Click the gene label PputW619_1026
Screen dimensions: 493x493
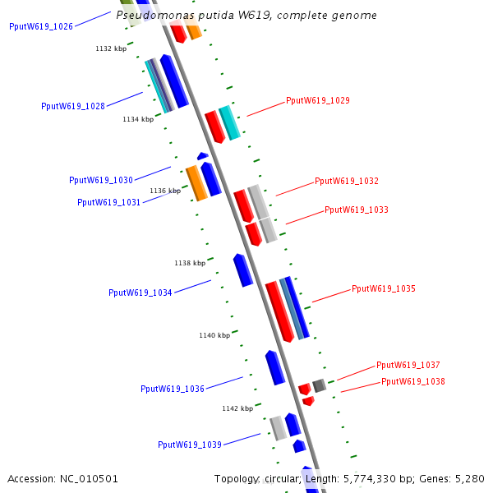click(x=41, y=26)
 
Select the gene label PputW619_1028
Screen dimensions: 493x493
click(x=73, y=106)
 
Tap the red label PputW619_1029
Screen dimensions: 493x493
click(x=318, y=100)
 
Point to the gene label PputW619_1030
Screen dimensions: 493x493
click(x=101, y=180)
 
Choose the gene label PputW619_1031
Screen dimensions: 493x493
click(x=109, y=202)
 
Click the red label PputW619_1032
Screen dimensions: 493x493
click(x=347, y=181)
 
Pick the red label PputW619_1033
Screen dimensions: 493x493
click(x=357, y=210)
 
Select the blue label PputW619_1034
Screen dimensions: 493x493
click(x=141, y=293)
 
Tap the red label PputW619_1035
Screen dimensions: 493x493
click(x=384, y=288)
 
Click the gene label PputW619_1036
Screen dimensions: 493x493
click(x=173, y=389)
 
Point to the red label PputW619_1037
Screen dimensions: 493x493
click(x=408, y=365)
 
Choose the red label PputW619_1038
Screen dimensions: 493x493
click(x=413, y=381)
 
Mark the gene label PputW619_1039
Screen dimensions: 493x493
click(x=190, y=445)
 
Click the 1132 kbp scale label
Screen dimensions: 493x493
click(x=111, y=49)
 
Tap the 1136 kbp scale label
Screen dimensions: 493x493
click(x=165, y=191)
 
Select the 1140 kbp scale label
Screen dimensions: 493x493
click(x=214, y=335)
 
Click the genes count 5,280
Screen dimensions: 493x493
click(x=469, y=478)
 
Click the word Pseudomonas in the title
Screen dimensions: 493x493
click(x=151, y=16)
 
